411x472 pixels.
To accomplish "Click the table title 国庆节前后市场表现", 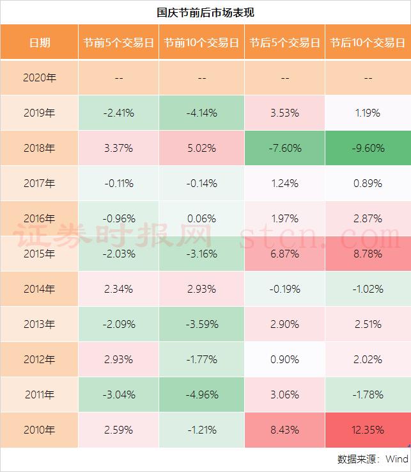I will tap(205, 12).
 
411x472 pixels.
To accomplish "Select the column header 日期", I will tap(40, 43).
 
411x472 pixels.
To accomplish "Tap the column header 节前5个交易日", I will tap(118, 43).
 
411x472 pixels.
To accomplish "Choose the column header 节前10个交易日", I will tap(201, 43).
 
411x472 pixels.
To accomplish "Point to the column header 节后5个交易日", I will tap(284, 43).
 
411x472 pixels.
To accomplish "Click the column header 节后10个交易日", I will tap(368, 43).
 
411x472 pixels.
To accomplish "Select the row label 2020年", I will tap(40, 78).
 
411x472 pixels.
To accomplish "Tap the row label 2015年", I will tap(40, 254).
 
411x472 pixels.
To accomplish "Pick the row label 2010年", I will tap(40, 430).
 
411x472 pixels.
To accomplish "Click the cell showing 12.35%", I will tap(368, 430).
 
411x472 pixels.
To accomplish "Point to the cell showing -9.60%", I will tap(368, 148).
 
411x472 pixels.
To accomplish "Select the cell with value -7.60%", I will tap(284, 148).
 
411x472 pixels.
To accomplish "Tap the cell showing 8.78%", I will tap(368, 254).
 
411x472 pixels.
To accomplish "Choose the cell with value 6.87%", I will tap(284, 254).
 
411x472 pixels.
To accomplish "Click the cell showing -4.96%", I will tap(201, 395).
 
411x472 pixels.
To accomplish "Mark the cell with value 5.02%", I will tap(201, 148).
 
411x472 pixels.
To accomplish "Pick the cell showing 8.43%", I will tap(284, 430).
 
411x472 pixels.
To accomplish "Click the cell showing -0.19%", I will tap(284, 289).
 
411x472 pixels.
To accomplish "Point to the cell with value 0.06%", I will tap(201, 218).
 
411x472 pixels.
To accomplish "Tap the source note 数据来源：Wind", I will tap(373, 459).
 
